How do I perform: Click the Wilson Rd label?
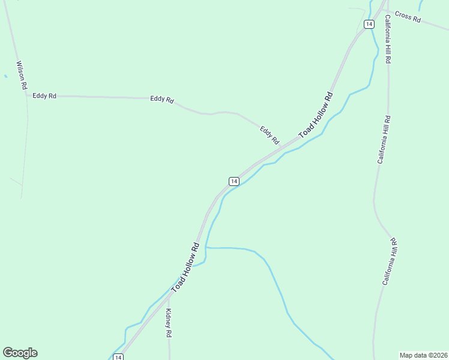(x=22, y=75)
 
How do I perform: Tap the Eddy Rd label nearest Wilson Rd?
(x=44, y=95)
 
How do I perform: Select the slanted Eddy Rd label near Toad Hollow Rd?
(x=270, y=135)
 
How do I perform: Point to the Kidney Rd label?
(x=169, y=323)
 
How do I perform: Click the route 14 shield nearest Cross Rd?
(x=369, y=24)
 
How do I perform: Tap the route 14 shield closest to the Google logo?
(x=118, y=357)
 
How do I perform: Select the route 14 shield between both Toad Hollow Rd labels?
(x=234, y=181)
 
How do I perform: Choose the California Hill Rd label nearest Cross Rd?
(x=388, y=38)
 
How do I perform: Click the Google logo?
(x=20, y=353)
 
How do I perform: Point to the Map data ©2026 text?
(x=423, y=355)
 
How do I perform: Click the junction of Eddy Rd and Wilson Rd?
(x=26, y=95)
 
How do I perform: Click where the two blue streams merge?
(x=206, y=247)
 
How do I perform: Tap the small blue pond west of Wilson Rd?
(x=5, y=76)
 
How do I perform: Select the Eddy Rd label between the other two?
(x=162, y=99)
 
